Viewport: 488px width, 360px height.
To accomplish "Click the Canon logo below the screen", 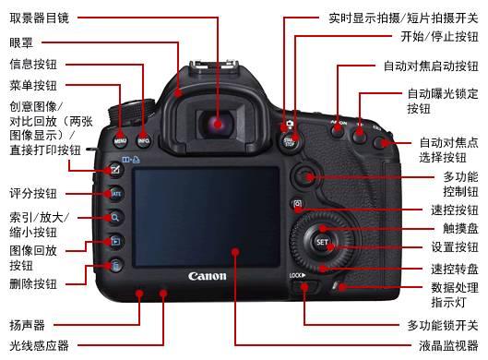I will point(207,276).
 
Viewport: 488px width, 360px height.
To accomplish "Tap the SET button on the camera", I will point(322,243).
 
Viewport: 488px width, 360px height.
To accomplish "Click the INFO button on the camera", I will point(143,141).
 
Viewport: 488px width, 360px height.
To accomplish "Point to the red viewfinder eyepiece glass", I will point(218,123).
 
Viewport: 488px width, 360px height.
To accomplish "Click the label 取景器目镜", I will point(39,18).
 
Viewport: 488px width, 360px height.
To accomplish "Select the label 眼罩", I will point(21,42).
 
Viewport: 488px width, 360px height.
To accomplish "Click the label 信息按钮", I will point(33,65).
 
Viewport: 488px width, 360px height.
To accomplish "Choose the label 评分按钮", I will point(33,194).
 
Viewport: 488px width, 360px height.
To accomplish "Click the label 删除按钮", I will point(33,283).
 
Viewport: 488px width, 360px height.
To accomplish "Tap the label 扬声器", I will point(27,325).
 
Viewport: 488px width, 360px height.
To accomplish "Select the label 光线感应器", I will point(39,346).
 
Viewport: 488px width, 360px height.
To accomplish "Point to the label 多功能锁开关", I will point(442,325).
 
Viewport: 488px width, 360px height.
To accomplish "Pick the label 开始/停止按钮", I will point(439,37).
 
